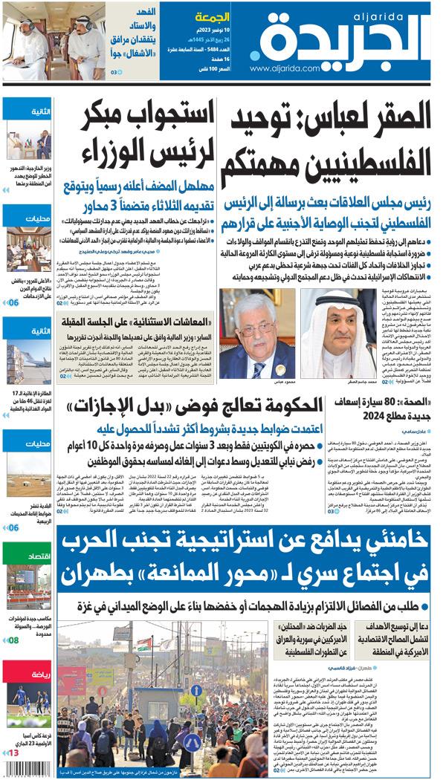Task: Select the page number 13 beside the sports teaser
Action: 12,773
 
